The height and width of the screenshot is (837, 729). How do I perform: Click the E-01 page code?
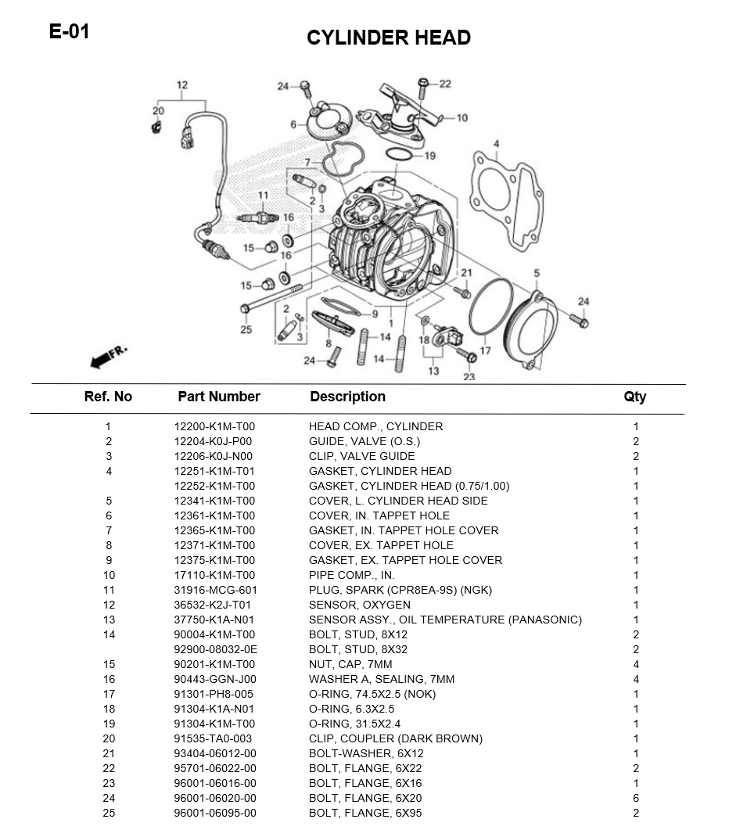tap(69, 32)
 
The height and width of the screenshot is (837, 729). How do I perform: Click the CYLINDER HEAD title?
tap(388, 38)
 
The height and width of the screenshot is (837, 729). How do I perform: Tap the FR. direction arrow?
tap(107, 357)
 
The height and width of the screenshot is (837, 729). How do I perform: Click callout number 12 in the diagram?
tap(181, 85)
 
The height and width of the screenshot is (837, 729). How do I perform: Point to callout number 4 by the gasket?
tap(496, 143)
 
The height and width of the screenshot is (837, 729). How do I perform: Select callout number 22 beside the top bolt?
tap(445, 84)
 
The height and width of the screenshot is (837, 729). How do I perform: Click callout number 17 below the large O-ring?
tap(485, 350)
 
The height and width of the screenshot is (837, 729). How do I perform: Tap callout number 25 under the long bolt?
tap(246, 329)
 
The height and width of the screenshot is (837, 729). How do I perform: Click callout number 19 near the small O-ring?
tap(430, 156)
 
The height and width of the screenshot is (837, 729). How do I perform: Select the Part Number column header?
tap(218, 397)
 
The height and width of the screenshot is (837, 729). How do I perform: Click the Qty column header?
tap(635, 397)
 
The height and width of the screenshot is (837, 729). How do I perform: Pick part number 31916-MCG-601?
tap(215, 590)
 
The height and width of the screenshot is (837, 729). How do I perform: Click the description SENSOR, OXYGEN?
tap(359, 605)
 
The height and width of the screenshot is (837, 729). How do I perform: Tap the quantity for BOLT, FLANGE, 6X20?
tap(636, 798)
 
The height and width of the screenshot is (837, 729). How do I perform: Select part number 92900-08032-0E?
tap(215, 649)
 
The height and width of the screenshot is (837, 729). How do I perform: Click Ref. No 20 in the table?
tap(109, 738)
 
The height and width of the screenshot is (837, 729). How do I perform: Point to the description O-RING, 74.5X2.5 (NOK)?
tap(372, 694)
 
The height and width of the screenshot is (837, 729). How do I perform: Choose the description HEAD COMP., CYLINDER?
tap(375, 426)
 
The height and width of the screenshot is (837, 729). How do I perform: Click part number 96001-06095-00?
tap(215, 813)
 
